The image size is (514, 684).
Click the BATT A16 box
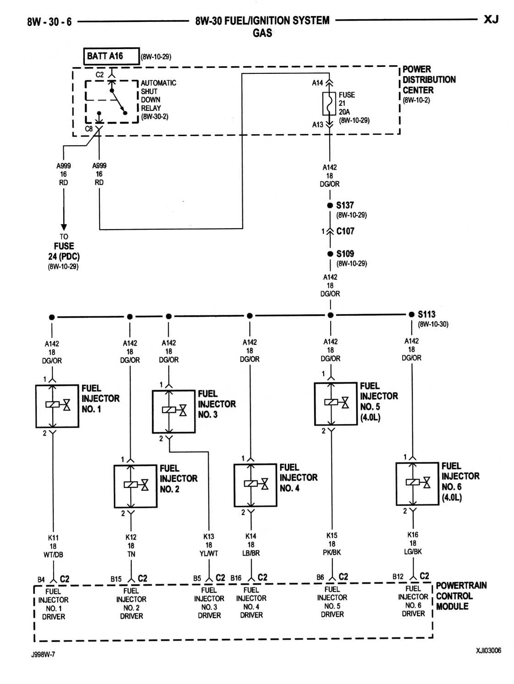(x=111, y=56)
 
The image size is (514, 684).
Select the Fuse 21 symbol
(x=329, y=104)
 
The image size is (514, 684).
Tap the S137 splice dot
(x=330, y=205)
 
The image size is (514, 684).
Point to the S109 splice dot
(x=330, y=254)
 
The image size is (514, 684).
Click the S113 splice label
(x=426, y=314)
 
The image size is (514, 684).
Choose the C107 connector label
(x=345, y=231)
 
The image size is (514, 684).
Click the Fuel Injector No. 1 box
(x=57, y=406)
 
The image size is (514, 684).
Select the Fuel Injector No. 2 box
(x=135, y=486)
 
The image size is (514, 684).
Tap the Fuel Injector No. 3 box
(x=174, y=411)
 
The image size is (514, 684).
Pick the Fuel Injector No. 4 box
(x=255, y=485)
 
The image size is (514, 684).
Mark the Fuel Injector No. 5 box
(x=336, y=403)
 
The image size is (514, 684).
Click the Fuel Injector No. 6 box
(x=417, y=483)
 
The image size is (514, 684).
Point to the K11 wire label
(x=53, y=538)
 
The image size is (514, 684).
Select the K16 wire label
(x=413, y=535)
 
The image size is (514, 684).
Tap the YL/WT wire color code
(x=209, y=553)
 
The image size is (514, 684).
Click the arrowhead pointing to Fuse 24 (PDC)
(x=64, y=226)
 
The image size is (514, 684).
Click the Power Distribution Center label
(x=429, y=80)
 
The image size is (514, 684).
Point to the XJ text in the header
(x=491, y=19)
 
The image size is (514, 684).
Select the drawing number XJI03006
(x=488, y=650)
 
